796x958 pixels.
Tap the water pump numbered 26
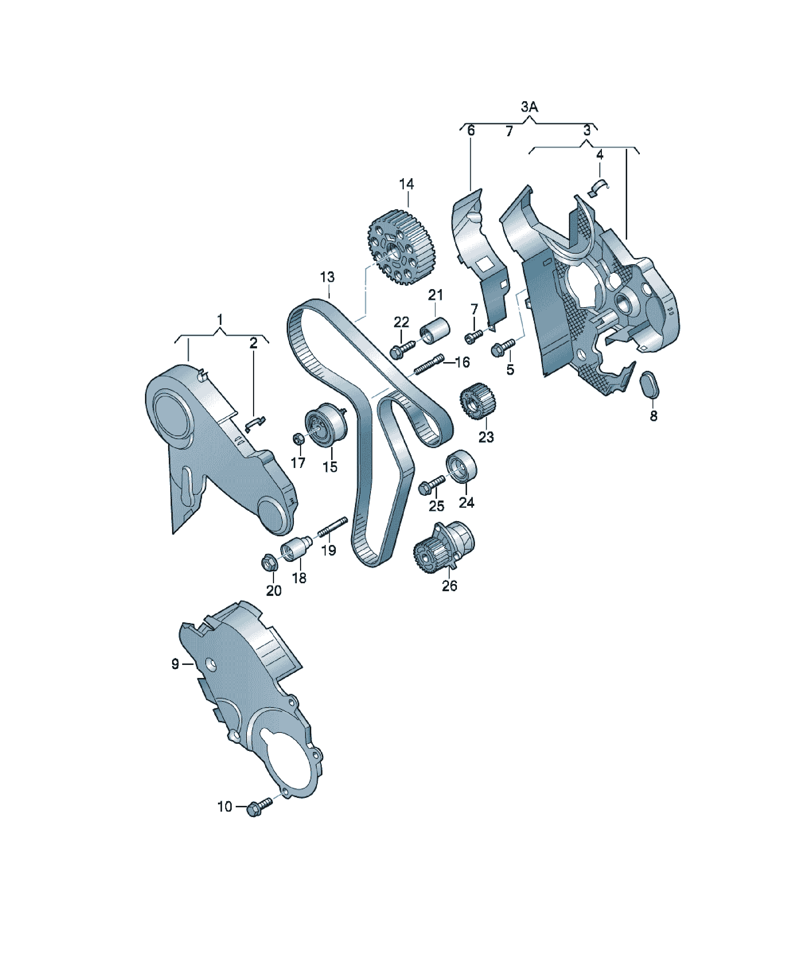443,547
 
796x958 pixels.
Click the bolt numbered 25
431,484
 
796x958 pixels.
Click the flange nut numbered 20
270,562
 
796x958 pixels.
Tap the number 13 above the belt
327,277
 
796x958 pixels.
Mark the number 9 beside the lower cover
175,664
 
